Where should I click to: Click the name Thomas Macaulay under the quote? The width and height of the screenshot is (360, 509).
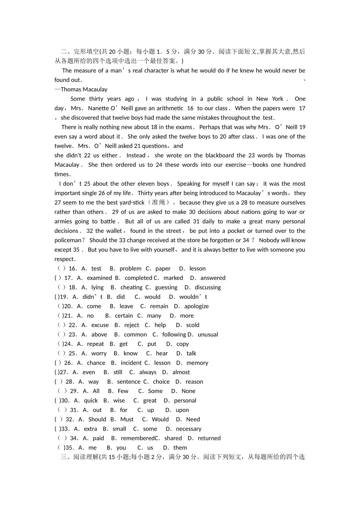point(84,89)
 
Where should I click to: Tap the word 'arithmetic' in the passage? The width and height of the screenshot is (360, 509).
point(170,108)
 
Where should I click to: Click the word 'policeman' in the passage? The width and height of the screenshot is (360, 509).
point(68,240)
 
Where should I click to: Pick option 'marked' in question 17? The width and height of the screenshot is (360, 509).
point(173,278)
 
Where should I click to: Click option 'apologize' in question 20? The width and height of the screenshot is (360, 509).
point(196,306)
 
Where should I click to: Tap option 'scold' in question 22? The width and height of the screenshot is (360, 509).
point(193,325)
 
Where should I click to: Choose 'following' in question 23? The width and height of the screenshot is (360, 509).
point(174,334)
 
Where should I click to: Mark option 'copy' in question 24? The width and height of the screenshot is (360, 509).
point(182,344)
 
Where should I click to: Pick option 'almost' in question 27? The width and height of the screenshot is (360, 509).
point(181,372)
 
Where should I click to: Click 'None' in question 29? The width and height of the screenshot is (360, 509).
point(188,391)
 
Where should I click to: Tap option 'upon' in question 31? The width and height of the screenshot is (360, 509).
point(182,410)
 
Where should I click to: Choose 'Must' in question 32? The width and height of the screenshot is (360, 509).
point(127,419)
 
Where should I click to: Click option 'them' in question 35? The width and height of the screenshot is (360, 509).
point(180,448)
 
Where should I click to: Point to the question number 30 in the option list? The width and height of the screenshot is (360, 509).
point(65,401)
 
